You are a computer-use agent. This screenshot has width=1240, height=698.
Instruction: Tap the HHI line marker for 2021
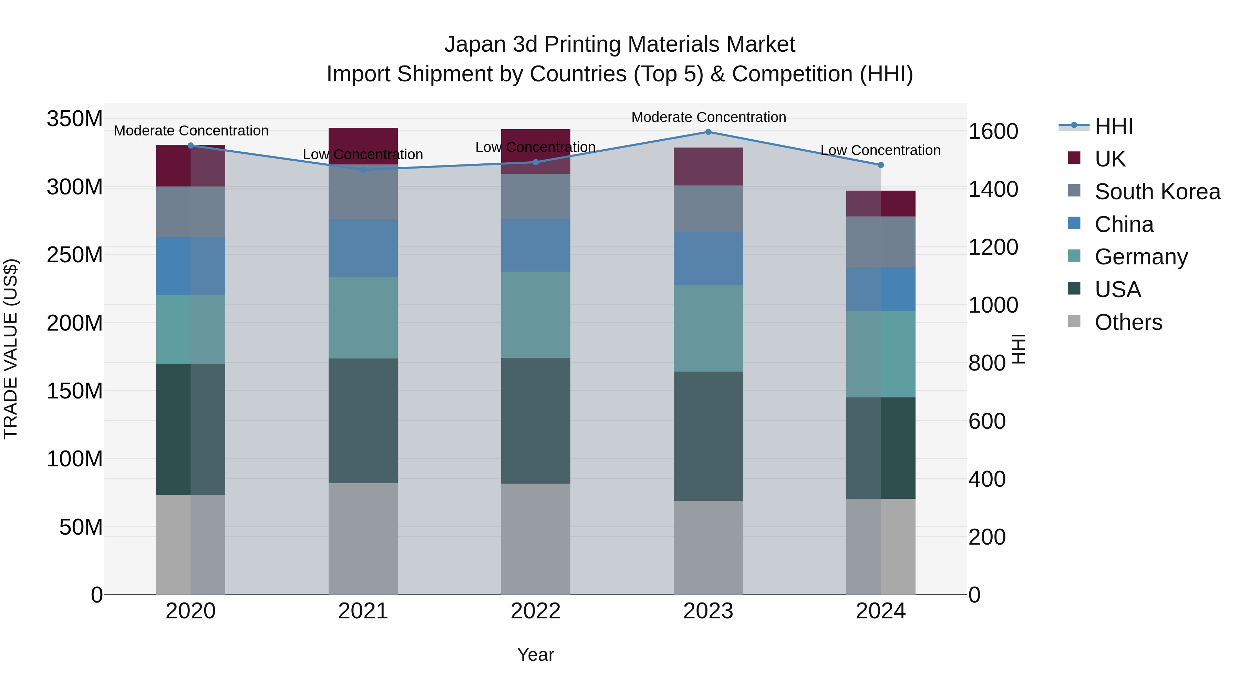coord(363,170)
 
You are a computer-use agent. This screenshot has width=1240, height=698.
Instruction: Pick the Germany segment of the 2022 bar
coord(535,315)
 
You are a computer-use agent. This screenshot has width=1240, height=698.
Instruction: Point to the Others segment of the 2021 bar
coord(363,538)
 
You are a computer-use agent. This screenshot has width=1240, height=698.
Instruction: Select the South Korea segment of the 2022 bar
coord(535,196)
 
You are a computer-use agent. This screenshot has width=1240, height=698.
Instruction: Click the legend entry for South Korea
coord(1157,192)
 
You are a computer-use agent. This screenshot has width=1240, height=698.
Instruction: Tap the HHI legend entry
coord(1113,126)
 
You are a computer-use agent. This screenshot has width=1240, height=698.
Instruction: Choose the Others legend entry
coord(1128,322)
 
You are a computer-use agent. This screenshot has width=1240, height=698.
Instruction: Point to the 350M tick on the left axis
coord(75,119)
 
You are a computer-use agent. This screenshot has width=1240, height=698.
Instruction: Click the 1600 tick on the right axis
coord(993,132)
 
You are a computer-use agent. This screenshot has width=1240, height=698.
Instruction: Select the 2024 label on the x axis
coord(880,611)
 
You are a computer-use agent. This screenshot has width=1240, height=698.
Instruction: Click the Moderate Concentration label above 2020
coord(191,131)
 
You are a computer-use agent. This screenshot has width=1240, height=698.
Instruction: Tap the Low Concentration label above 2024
coord(880,150)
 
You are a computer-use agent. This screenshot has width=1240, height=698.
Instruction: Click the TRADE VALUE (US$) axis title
coord(11,349)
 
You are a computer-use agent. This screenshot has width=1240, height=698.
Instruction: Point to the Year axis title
coord(535,655)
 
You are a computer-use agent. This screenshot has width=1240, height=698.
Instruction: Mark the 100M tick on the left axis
coord(75,459)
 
